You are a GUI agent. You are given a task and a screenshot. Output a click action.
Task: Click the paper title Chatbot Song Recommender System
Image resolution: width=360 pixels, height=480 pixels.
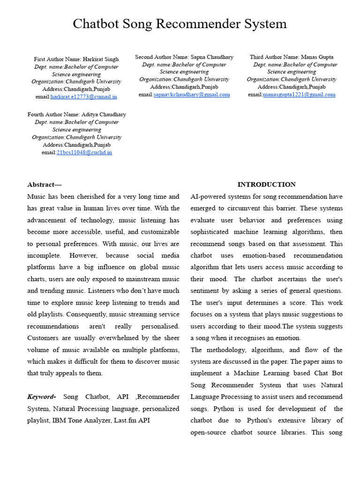point(180,24)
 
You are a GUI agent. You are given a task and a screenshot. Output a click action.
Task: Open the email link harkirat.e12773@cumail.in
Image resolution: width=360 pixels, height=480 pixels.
point(84,97)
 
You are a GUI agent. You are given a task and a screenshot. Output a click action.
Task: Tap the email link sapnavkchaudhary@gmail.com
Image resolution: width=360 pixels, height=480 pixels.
point(192,94)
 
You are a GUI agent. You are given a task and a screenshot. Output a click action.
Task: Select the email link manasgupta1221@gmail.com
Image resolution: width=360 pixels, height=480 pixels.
point(299,94)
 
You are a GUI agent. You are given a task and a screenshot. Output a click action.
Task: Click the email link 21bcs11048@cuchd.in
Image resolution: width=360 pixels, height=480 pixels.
point(84,152)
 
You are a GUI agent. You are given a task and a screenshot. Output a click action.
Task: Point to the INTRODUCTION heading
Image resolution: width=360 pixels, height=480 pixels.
point(266,185)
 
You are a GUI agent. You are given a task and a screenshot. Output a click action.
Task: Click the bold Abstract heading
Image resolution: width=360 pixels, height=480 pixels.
point(44,185)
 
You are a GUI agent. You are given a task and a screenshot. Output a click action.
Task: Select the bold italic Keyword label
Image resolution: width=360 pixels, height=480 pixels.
point(42,397)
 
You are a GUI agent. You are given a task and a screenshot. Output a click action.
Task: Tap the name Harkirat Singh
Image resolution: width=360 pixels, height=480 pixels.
point(101,59)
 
